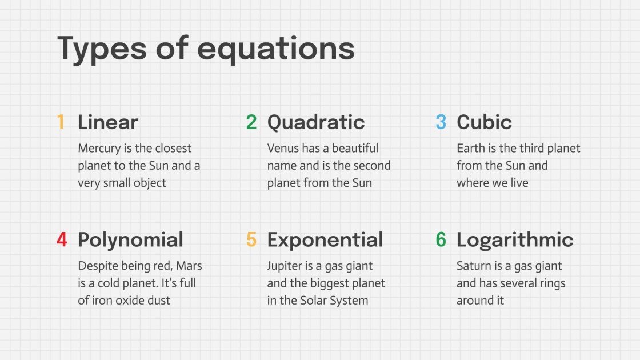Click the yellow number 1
[61, 122]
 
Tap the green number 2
[251, 122]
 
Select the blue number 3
[441, 122]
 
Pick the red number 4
[62, 240]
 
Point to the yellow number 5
[251, 240]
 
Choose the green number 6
[441, 240]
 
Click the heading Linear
[108, 122]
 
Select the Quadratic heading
[316, 122]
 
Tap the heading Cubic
[484, 122]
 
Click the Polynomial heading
[130, 240]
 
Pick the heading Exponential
[325, 240]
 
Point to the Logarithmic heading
[515, 240]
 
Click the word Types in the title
[102, 49]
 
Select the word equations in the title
[275, 49]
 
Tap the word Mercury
[98, 149]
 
